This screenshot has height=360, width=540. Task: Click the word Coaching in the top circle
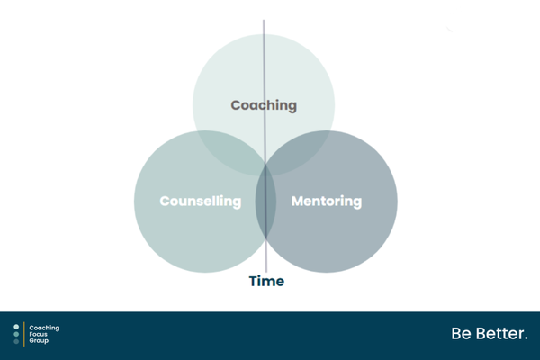click(264, 106)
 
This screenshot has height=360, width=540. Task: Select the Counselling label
click(201, 202)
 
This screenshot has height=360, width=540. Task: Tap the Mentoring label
click(327, 202)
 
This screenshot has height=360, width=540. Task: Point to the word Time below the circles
click(266, 281)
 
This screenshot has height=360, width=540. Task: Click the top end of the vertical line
click(264, 20)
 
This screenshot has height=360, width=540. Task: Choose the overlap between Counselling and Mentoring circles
click(265, 202)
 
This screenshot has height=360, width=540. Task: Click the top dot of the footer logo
click(16, 327)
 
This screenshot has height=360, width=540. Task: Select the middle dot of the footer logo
click(16, 334)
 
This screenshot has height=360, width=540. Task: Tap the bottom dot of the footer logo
click(16, 341)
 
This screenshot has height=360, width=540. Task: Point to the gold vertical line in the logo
click(24, 334)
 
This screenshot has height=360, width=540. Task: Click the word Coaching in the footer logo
click(44, 328)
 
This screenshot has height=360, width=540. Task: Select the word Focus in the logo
click(38, 334)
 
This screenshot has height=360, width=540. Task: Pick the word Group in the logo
click(39, 341)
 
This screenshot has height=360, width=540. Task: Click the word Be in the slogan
click(462, 334)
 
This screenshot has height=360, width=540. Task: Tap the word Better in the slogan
click(499, 334)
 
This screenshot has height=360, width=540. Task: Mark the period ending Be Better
click(526, 338)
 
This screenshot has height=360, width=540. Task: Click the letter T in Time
click(254, 281)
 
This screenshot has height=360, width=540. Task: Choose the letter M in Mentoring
click(298, 202)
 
